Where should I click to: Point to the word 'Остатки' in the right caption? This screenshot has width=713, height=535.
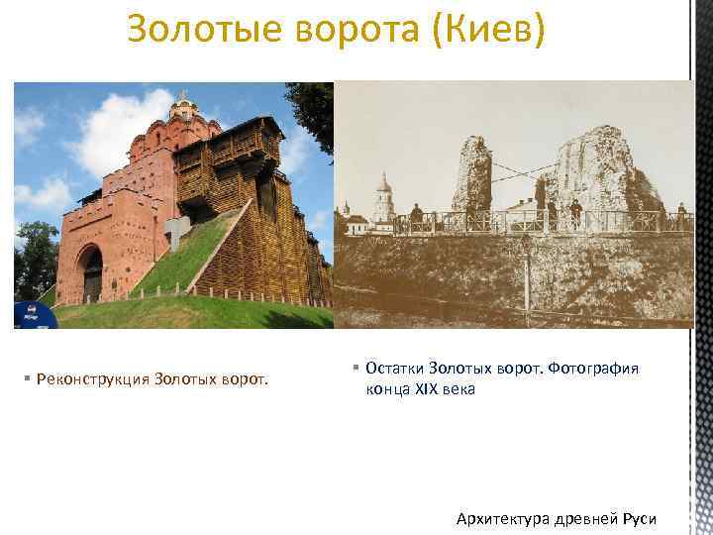(x=396, y=369)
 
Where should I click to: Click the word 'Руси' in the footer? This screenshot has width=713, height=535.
(x=639, y=518)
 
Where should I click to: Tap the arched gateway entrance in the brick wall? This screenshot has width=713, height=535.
(x=90, y=272)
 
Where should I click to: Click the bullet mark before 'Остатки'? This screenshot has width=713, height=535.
(x=356, y=369)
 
